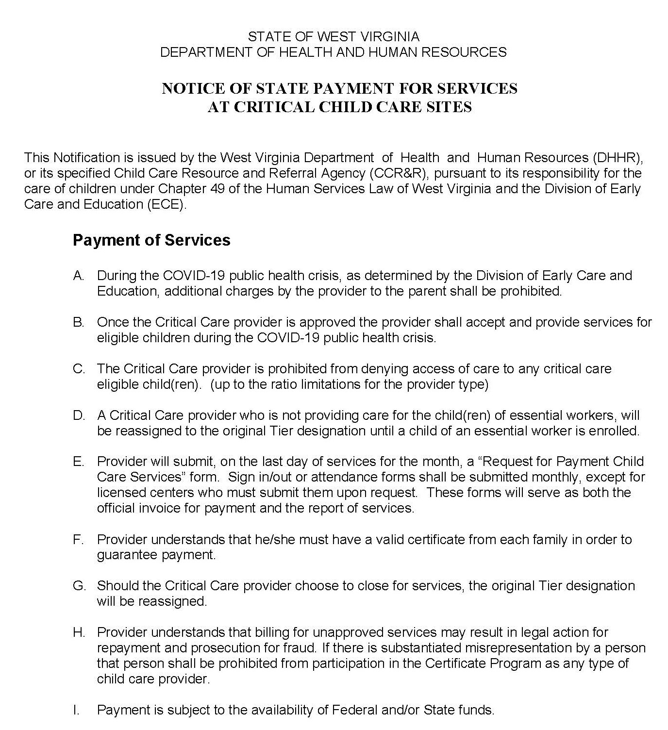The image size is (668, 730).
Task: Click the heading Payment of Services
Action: tap(151, 240)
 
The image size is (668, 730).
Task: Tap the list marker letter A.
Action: tap(79, 276)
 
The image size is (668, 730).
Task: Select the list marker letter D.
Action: tap(79, 415)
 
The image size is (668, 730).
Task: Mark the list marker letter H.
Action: tap(79, 632)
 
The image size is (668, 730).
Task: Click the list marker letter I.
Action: tap(76, 710)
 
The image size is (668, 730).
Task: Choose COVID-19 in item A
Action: tap(194, 276)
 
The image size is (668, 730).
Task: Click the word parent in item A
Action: tap(429, 291)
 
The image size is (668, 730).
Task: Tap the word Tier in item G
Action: tap(550, 586)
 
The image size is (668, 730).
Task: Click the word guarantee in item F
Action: tap(126, 555)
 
